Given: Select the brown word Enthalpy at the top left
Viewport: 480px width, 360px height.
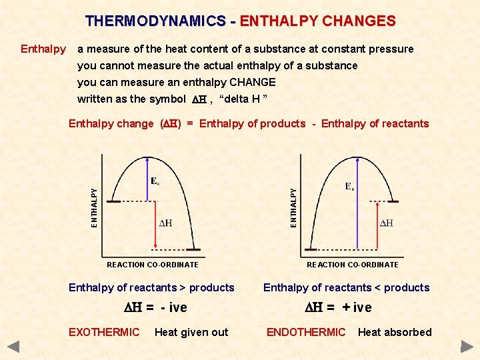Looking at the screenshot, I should (43, 49).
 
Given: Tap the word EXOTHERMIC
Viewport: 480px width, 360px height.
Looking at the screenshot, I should (104, 332).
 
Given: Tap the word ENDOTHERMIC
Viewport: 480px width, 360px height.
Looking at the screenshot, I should (306, 332).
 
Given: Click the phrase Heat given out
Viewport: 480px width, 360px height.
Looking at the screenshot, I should (191, 332).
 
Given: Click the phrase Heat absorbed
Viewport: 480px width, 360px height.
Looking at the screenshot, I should (395, 332).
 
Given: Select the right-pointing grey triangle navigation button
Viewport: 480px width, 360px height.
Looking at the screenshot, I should (467, 347).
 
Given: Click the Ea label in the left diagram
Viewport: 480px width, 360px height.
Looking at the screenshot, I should (155, 181).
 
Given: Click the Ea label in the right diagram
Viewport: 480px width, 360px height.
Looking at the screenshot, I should (350, 187).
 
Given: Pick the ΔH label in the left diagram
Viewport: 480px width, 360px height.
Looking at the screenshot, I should (165, 223).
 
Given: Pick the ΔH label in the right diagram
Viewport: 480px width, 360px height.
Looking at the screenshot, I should (386, 223).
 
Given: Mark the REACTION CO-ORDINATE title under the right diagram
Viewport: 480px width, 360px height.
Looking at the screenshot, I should (353, 265).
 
